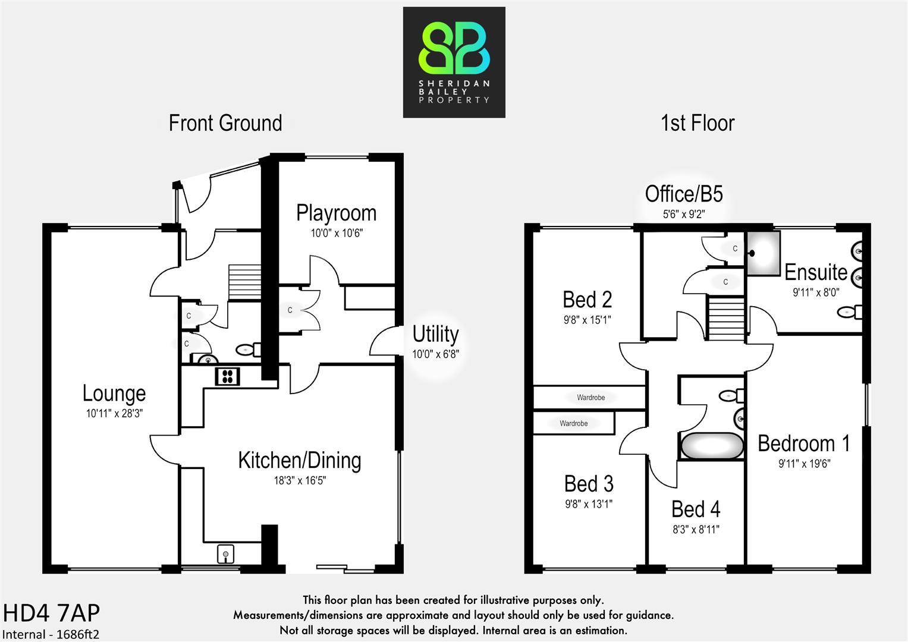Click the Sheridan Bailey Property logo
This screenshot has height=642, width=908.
tap(454, 62)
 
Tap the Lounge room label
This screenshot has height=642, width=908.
tap(114, 394)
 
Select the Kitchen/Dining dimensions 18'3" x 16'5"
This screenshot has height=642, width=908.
tap(300, 480)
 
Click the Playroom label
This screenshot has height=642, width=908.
tap(336, 213)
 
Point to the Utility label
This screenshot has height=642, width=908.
tap(435, 334)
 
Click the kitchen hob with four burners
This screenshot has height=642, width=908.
tap(227, 376)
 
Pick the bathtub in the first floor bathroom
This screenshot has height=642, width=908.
tap(712, 446)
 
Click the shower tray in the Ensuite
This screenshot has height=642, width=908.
tap(763, 253)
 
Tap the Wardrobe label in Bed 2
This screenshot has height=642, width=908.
tap(590, 398)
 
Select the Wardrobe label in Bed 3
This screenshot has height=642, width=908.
tap(573, 424)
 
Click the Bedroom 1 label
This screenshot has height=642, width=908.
tap(803, 443)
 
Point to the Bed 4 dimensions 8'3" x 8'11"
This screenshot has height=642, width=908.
tap(696, 529)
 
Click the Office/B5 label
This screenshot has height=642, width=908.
tap(684, 194)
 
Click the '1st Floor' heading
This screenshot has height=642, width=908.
tap(697, 123)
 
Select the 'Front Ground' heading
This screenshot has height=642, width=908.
tap(225, 123)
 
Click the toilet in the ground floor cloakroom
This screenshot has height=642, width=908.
tap(247, 350)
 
